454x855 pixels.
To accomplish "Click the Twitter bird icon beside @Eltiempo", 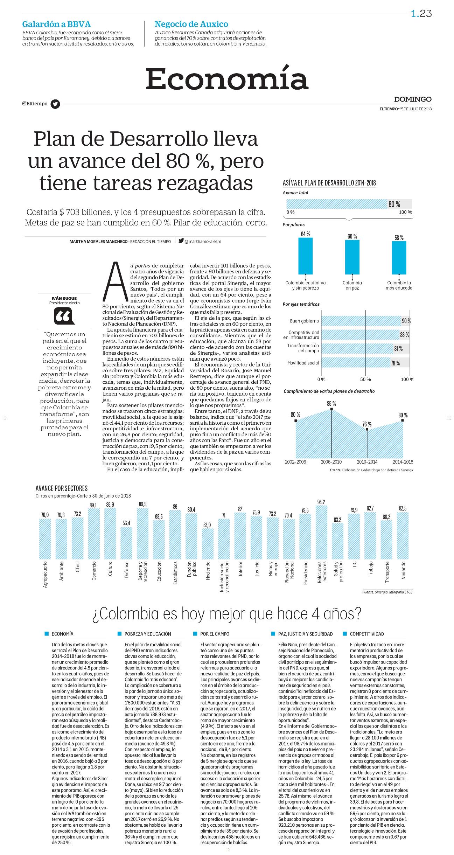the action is click(x=55, y=104).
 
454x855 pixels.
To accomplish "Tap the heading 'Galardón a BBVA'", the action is click(x=56, y=24).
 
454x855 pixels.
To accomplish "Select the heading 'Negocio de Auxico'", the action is click(x=191, y=24).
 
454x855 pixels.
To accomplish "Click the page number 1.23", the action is click(x=421, y=13).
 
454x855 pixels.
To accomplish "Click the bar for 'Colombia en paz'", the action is click(x=352, y=257).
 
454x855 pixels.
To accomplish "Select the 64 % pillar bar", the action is click(x=306, y=256).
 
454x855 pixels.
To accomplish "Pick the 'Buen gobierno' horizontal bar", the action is click(x=361, y=321).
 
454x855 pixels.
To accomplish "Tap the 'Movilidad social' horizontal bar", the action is click(x=356, y=363).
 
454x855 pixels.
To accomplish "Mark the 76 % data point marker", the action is click(x=367, y=429).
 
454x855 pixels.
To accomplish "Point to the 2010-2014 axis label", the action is click(x=367, y=462).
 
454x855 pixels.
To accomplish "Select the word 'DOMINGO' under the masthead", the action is click(x=413, y=99).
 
